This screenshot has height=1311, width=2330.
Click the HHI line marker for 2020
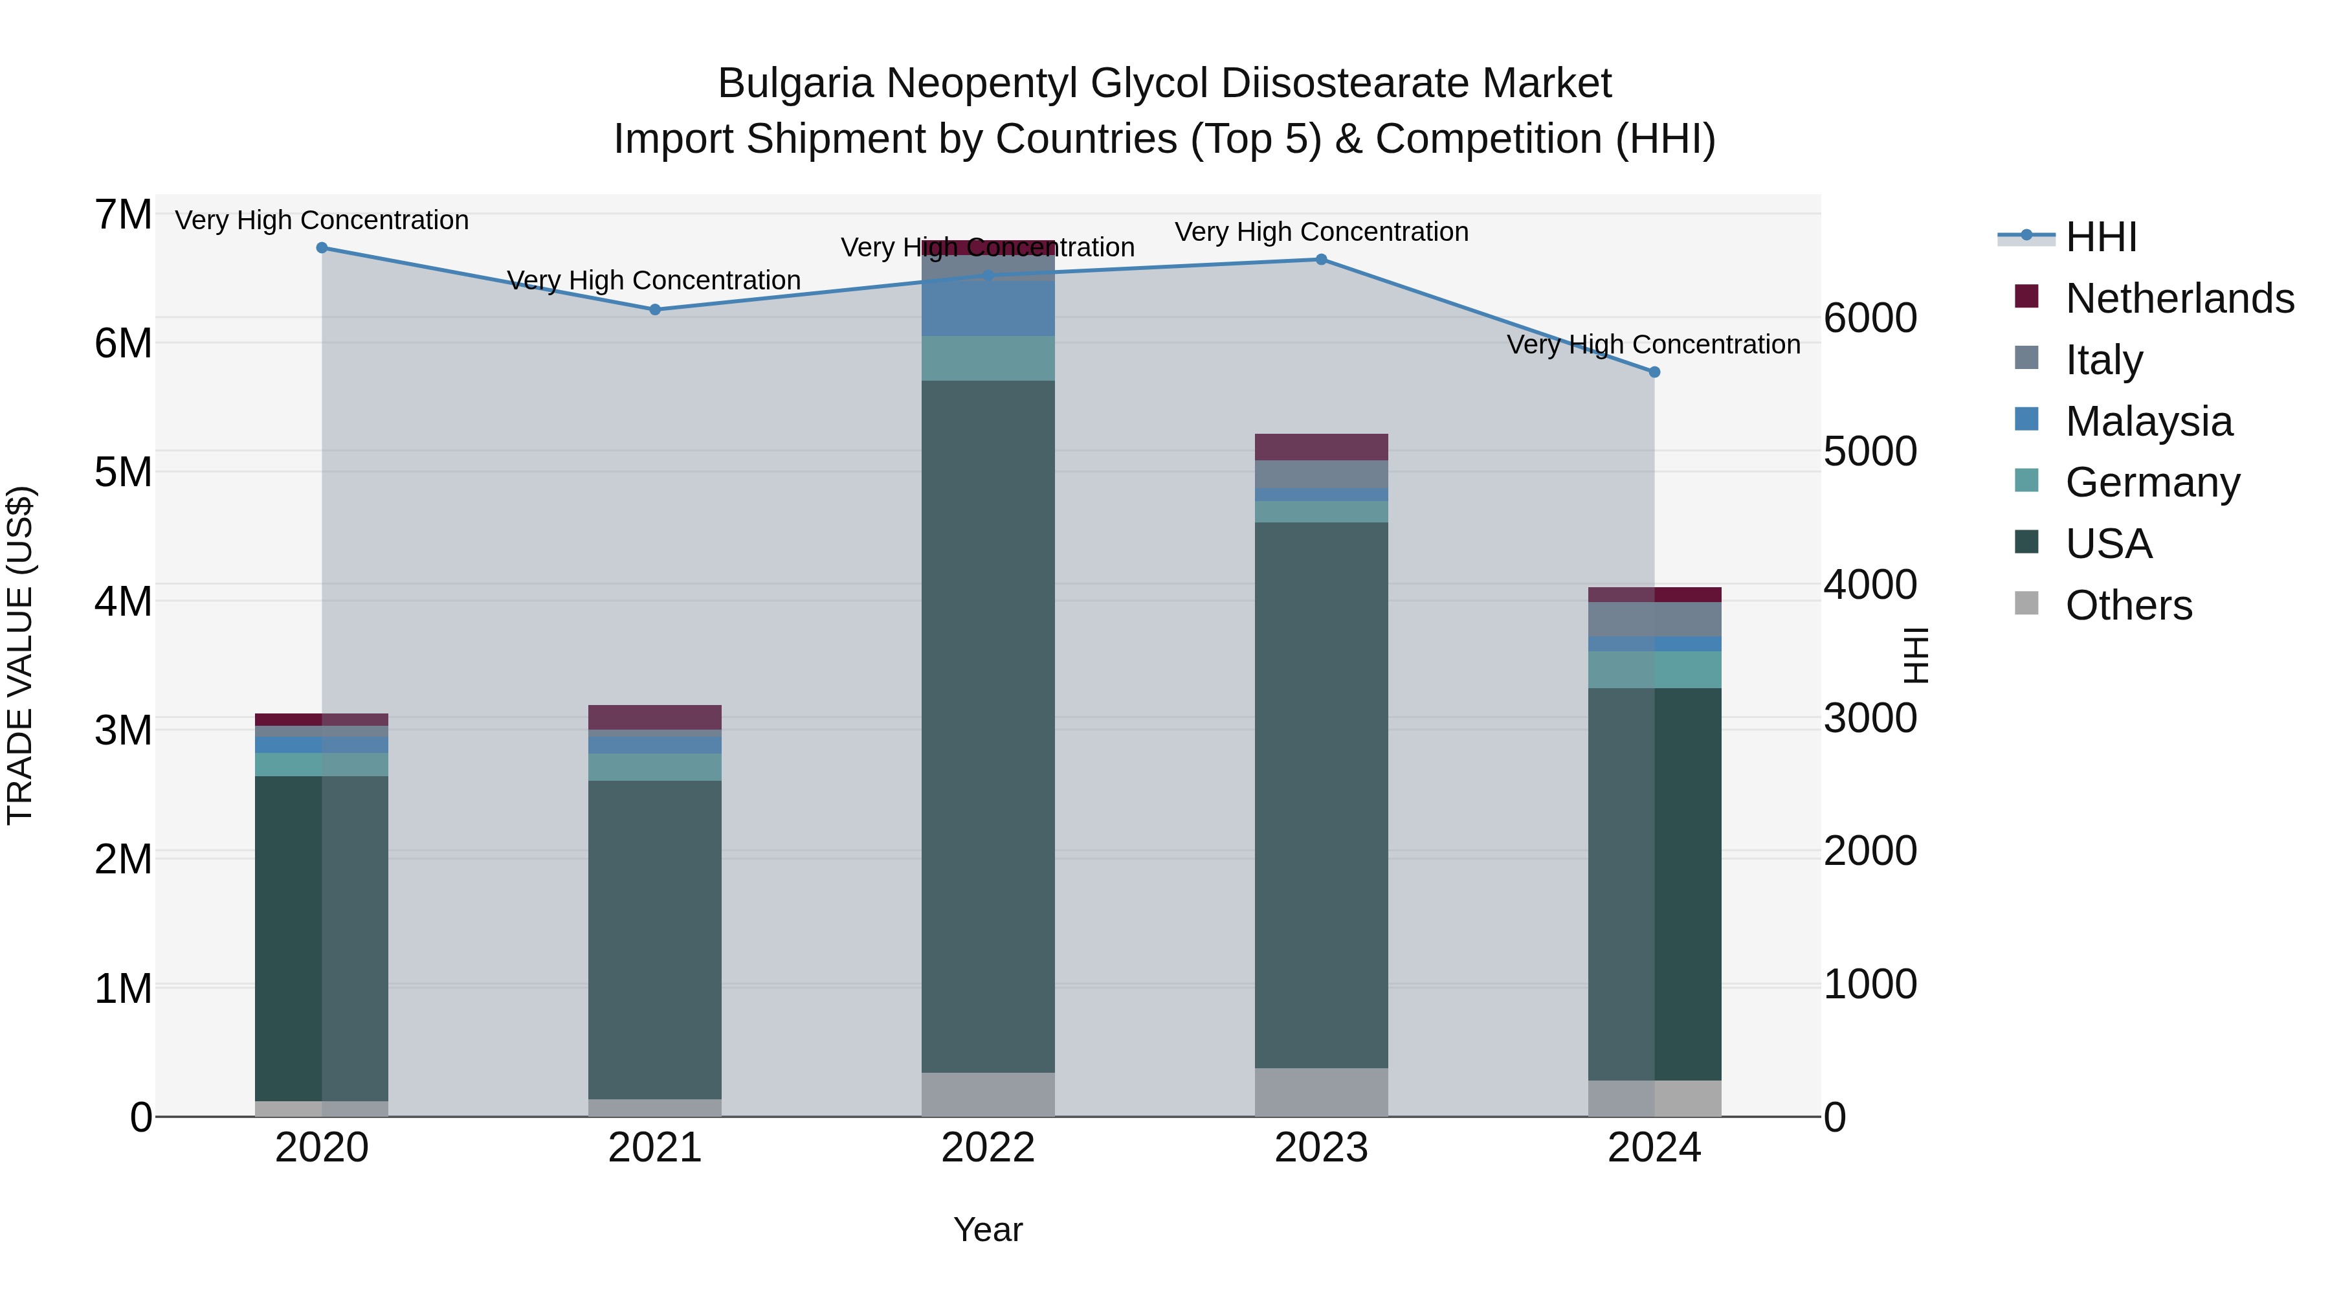(x=322, y=248)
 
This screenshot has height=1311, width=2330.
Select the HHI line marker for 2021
(x=655, y=309)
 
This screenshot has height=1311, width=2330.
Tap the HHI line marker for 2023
(x=1320, y=260)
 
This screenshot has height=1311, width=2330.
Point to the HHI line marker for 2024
(x=1654, y=372)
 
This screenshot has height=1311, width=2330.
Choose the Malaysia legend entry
(x=2148, y=421)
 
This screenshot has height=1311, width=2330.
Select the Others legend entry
(x=2128, y=605)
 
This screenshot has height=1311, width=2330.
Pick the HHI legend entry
(x=2100, y=237)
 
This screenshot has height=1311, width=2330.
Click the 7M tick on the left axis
(x=123, y=216)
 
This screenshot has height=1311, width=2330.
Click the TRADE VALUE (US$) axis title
(x=20, y=655)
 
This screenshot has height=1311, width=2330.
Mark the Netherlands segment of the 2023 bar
(x=1320, y=447)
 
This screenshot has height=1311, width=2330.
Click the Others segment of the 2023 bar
(x=1320, y=1092)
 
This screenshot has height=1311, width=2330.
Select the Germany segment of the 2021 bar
(x=655, y=767)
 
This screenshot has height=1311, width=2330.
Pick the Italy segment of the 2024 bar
(x=1654, y=619)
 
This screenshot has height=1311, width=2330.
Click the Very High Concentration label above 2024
(x=1654, y=344)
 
